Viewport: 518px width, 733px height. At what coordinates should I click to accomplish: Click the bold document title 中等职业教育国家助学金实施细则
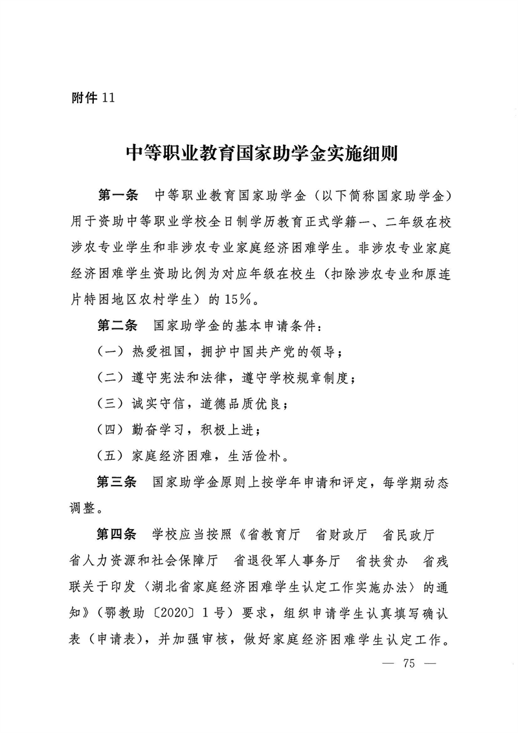261,155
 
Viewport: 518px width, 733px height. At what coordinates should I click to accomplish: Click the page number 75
408,664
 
